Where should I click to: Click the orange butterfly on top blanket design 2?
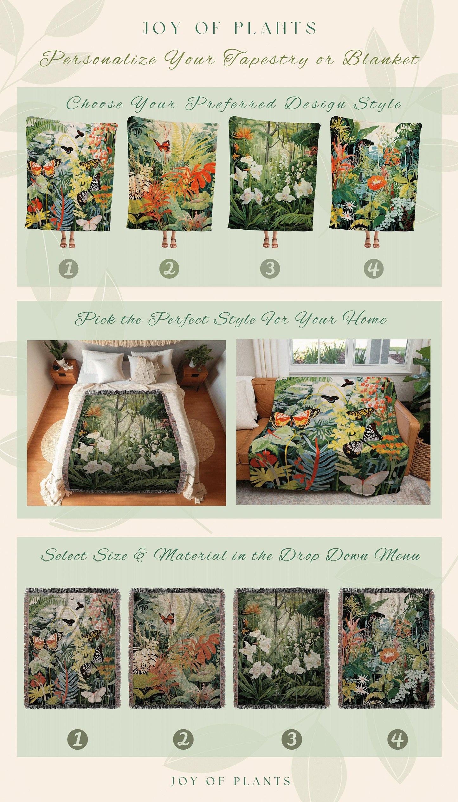tap(161, 145)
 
